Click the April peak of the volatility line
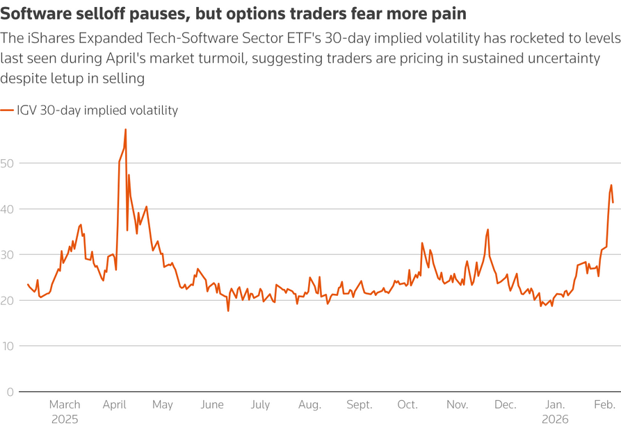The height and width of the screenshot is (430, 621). click(x=125, y=129)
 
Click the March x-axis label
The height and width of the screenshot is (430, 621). click(x=65, y=404)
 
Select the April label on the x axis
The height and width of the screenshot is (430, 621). click(x=113, y=404)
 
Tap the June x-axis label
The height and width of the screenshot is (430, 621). click(x=211, y=404)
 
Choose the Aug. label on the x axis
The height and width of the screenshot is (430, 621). click(x=309, y=404)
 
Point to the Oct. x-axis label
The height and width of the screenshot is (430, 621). click(x=408, y=404)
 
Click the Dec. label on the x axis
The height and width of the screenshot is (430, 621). click(x=506, y=404)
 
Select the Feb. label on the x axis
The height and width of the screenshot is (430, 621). click(x=604, y=404)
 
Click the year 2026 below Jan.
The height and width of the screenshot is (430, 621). click(x=555, y=420)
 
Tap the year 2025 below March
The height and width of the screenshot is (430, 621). click(x=65, y=420)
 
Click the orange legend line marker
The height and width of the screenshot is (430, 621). click(x=7, y=110)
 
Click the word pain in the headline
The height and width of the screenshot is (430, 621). click(x=451, y=13)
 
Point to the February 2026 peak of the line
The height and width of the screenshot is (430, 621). click(x=611, y=185)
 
